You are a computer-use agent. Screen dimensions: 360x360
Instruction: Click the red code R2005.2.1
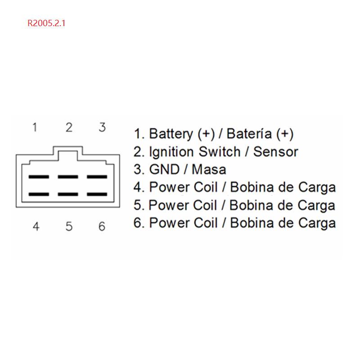(x=47, y=23)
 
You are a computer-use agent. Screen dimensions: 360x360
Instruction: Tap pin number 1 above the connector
(x=35, y=128)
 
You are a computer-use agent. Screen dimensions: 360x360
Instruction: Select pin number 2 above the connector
(x=68, y=128)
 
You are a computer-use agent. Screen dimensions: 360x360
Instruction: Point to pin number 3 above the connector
(x=102, y=128)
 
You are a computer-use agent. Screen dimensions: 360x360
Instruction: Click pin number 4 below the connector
(x=36, y=226)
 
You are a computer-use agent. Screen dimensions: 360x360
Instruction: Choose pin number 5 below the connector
(x=69, y=226)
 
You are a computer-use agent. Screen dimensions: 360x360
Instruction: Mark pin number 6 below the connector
(x=102, y=226)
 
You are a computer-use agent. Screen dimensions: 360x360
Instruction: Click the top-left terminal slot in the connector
(x=39, y=177)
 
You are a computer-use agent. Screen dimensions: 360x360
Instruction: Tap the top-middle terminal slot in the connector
(x=68, y=177)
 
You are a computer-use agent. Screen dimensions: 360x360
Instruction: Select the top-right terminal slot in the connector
(x=97, y=177)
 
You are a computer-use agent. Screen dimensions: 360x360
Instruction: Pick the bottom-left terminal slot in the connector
(x=39, y=195)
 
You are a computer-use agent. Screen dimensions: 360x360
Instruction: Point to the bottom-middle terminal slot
(x=68, y=195)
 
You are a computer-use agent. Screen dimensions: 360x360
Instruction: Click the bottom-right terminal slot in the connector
(x=97, y=195)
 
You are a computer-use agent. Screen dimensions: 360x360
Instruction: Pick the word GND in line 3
(x=163, y=169)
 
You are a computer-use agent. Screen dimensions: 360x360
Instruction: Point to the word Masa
(x=209, y=169)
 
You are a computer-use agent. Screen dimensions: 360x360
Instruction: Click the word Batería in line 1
(x=249, y=134)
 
